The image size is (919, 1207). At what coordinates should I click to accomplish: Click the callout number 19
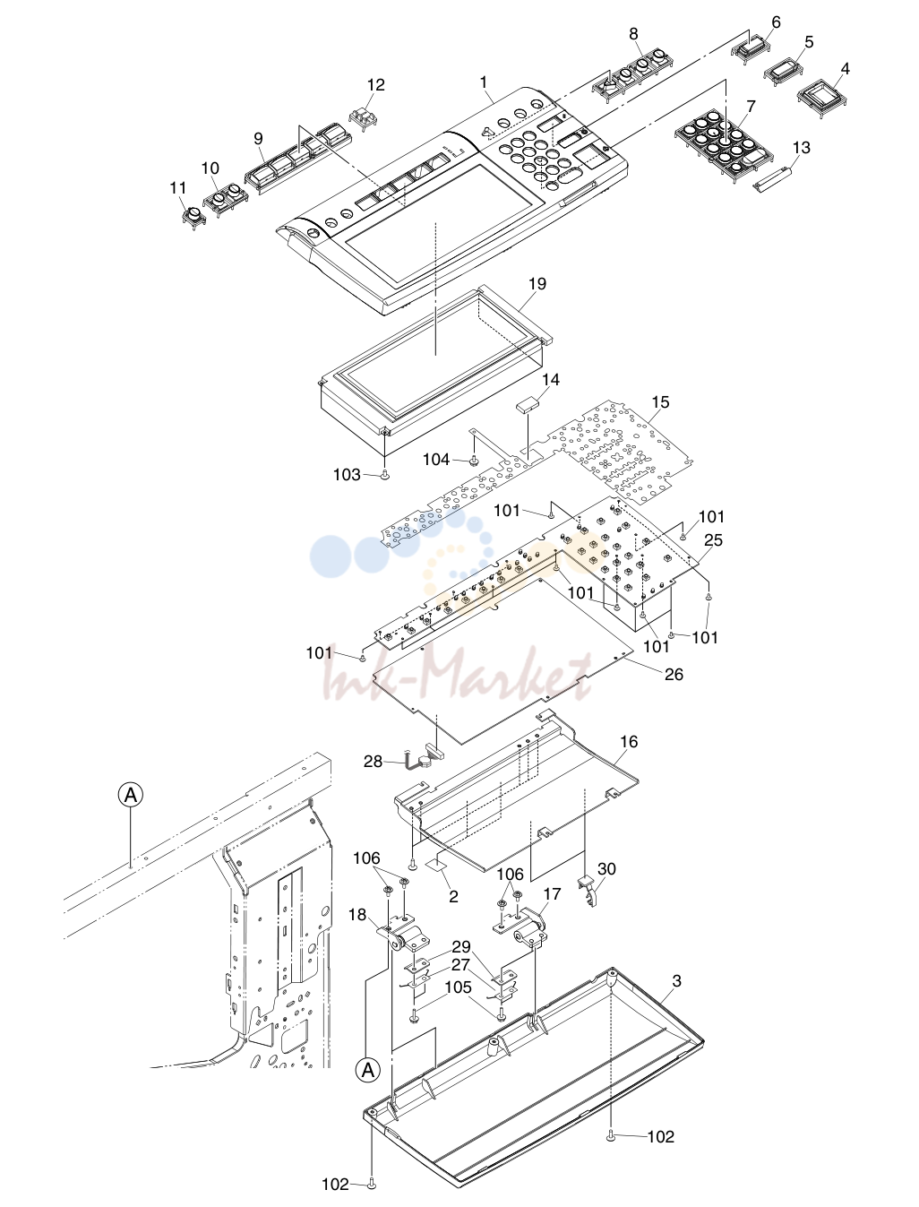pos(537,284)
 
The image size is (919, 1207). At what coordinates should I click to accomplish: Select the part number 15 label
pos(660,402)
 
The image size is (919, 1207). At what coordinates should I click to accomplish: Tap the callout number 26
pos(674,674)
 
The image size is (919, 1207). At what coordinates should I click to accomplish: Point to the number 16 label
pos(629,742)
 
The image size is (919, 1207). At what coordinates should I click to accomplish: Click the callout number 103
pos(347,475)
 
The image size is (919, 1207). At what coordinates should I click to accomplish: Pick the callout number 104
pos(436,459)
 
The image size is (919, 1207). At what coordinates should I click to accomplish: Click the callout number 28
pos(373,762)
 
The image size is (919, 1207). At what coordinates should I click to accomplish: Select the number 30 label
pos(606,869)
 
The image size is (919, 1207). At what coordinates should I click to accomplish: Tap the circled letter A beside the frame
pos(131,795)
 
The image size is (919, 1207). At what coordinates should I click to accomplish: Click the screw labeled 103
pos(385,475)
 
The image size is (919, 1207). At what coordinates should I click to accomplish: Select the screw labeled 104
pos(474,459)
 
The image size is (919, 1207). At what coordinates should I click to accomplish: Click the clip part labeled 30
pos(587,891)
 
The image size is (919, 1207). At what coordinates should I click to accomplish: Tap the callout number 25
pos(713,540)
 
